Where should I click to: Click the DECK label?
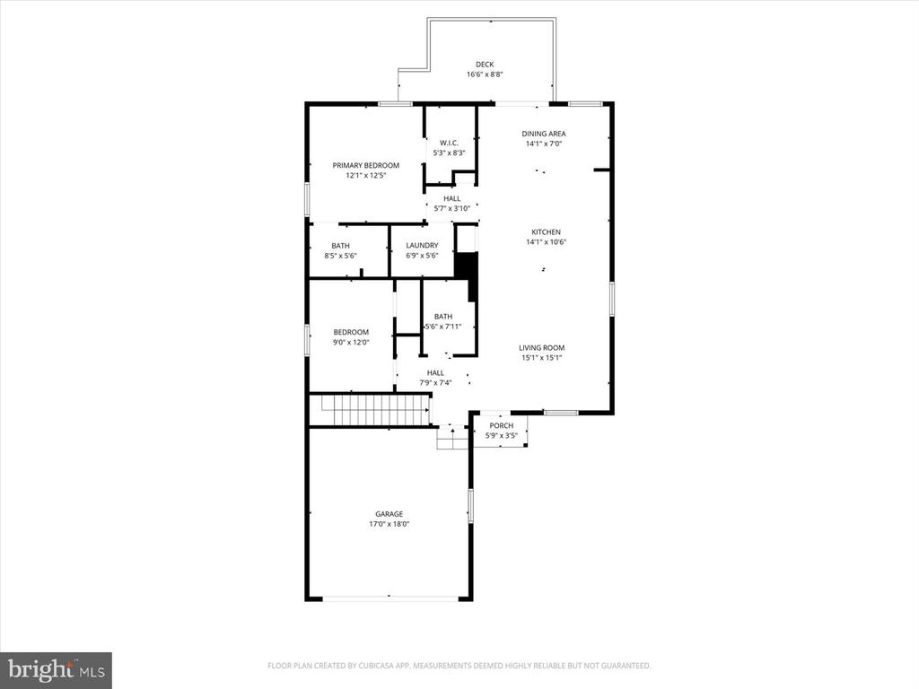tap(484, 64)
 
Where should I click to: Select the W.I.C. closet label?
tap(449, 143)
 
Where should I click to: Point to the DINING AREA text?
tap(544, 134)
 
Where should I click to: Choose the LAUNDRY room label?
tap(422, 246)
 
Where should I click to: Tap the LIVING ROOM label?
tap(541, 347)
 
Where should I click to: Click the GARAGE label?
tap(389, 514)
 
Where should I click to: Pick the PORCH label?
tap(501, 425)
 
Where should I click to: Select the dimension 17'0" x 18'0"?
tap(389, 524)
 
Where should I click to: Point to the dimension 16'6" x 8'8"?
tap(484, 74)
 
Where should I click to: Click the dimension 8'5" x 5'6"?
tap(341, 256)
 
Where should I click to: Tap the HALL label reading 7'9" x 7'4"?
tap(435, 372)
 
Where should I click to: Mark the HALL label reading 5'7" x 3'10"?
tap(451, 198)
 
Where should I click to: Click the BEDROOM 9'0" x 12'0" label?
tap(351, 332)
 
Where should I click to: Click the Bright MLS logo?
tap(56, 669)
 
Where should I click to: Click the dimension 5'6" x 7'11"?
tap(442, 326)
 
